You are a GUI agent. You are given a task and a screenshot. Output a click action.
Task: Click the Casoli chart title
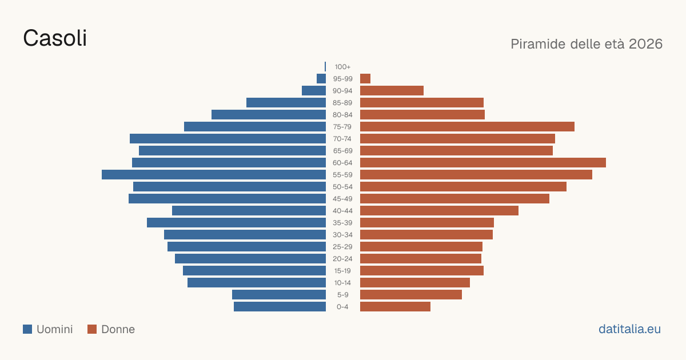55,38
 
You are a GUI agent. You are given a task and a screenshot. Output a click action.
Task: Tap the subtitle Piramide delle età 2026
587,44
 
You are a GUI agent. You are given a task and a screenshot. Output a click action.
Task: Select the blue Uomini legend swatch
27,329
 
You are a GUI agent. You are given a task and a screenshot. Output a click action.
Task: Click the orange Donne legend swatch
92,329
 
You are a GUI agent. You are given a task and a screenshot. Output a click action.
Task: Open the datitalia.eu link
629,329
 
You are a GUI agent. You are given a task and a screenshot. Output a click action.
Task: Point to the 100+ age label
342,67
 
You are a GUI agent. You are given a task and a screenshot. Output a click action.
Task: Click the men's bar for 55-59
214,174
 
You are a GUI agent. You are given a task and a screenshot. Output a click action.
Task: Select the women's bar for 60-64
483,162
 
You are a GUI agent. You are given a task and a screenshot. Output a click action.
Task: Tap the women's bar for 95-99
365,79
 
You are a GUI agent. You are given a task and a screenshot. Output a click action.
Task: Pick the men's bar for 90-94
314,91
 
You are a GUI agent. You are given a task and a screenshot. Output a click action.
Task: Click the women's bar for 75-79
468,127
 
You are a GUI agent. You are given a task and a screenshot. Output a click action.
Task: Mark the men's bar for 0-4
280,307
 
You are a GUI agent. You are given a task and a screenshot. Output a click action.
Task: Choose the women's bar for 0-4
396,307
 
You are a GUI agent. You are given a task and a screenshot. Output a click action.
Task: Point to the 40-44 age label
342,211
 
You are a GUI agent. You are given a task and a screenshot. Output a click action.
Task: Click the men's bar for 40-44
249,211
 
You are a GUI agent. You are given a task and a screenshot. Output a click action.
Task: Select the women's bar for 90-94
392,91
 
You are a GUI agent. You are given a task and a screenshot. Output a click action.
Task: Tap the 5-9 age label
342,295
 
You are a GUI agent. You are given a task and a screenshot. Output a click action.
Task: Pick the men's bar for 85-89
286,102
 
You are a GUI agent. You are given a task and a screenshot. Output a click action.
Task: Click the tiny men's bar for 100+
325,67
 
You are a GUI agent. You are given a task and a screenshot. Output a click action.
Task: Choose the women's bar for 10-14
415,282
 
